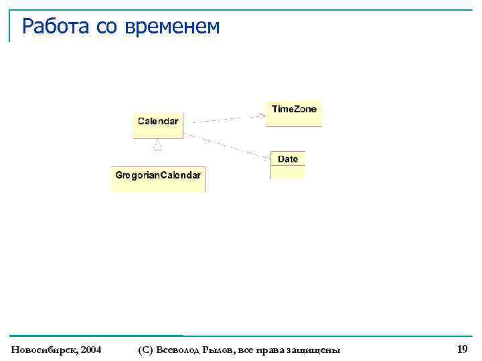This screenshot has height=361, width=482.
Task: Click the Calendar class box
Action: click(158, 124)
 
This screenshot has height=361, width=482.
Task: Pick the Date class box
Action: click(288, 164)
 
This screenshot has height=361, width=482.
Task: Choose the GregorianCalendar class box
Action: click(158, 178)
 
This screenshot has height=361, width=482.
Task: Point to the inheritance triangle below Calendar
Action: click(158, 144)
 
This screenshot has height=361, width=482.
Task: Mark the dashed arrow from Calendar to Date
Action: click(228, 146)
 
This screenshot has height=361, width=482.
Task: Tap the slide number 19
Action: click(462, 349)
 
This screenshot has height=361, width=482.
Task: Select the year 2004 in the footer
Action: click(90, 350)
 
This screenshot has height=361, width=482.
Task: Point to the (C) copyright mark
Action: click(144, 350)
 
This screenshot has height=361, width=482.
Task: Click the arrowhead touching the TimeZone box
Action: click(262, 115)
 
